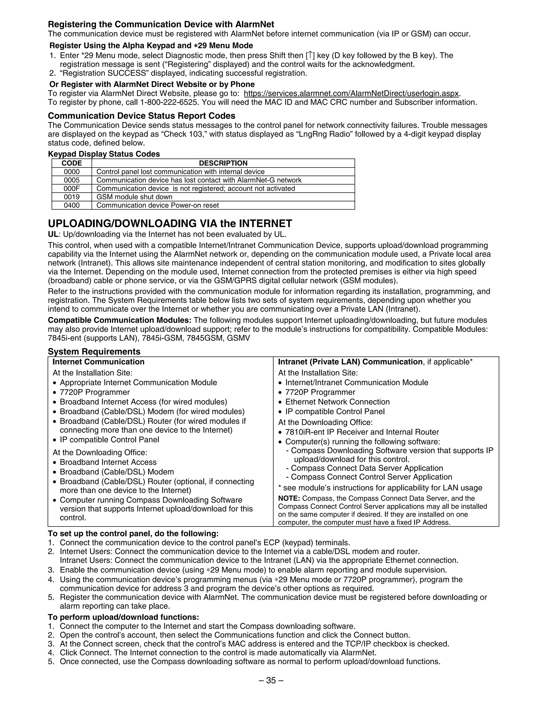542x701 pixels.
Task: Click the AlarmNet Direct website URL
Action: pyautogui.click(x=351, y=93)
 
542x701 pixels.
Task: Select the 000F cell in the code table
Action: pyautogui.click(x=72, y=188)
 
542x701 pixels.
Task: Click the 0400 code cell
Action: pyautogui.click(x=72, y=205)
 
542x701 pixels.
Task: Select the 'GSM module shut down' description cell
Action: pyautogui.click(x=134, y=197)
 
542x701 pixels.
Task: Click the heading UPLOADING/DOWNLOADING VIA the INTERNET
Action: pyautogui.click(x=170, y=224)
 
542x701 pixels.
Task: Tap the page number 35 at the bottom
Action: pyautogui.click(x=271, y=680)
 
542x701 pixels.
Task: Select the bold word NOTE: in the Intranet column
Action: pyautogui.click(x=289, y=498)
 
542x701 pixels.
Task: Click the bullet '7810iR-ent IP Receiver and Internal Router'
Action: pyautogui.click(x=362, y=432)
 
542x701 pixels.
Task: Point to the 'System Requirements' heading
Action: pyautogui.click(x=94, y=352)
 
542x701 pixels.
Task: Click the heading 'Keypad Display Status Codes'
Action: pyautogui.click(x=104, y=154)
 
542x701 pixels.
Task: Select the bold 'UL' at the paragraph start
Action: pyautogui.click(x=53, y=234)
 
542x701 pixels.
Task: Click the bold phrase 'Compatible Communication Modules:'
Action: pyautogui.click(x=119, y=320)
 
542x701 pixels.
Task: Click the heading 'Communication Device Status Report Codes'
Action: pyautogui.click(x=141, y=116)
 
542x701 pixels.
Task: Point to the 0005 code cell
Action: pyautogui.click(x=72, y=180)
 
